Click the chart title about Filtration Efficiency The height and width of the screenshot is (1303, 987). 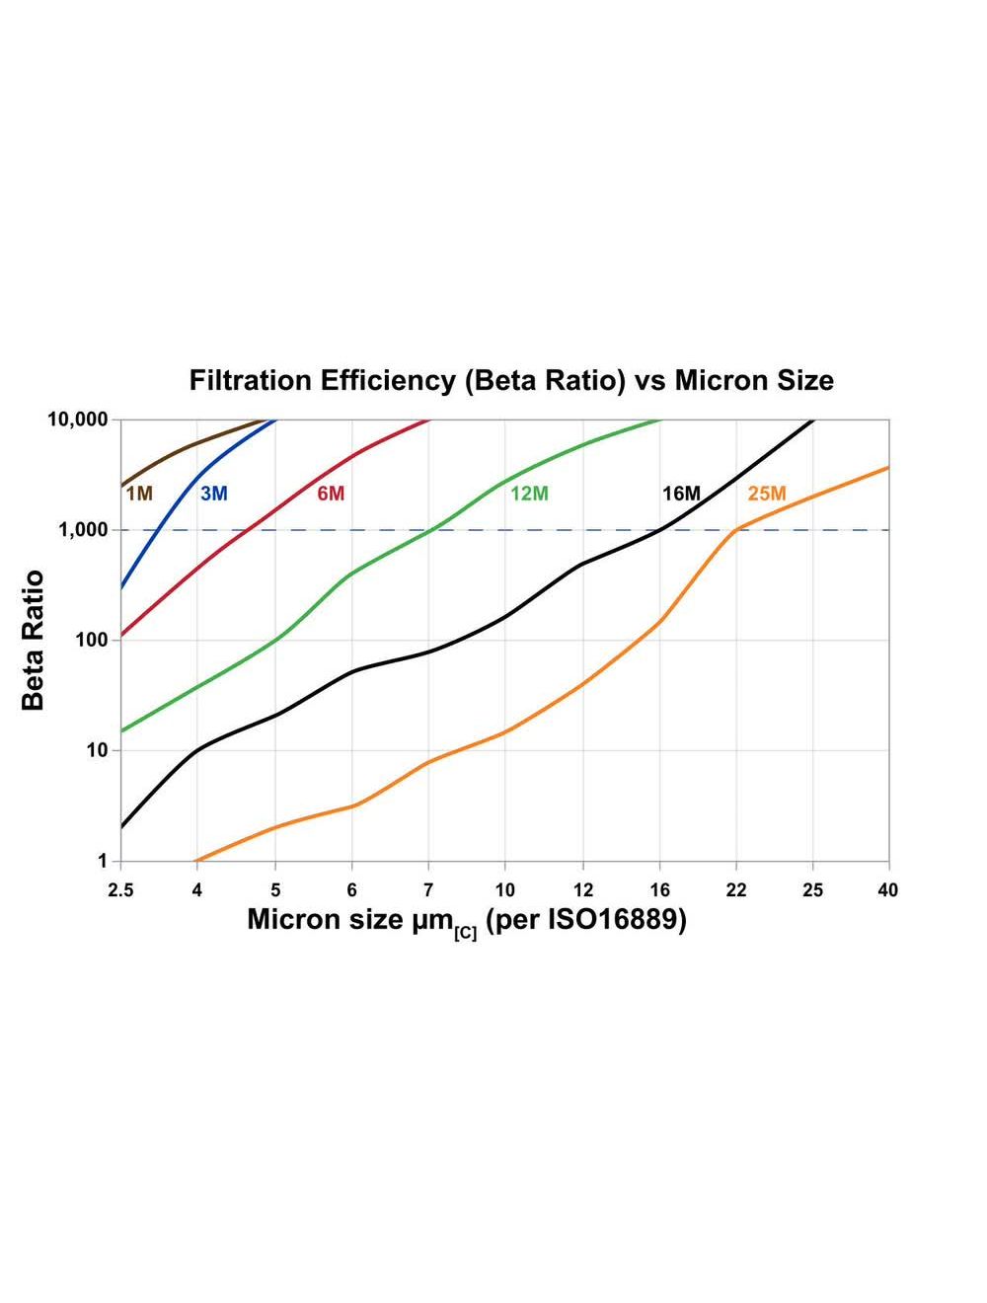pos(511,381)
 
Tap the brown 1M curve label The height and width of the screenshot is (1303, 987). pos(139,493)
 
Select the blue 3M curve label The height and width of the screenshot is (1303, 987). pos(213,493)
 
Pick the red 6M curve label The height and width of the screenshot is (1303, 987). pos(331,493)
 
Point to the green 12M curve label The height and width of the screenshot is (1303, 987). pos(529,493)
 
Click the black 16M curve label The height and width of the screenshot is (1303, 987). pos(681,493)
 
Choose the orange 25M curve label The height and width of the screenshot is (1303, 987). pos(767,493)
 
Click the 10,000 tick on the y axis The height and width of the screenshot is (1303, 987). pos(77,420)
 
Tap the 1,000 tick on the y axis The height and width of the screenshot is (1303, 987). pos(83,530)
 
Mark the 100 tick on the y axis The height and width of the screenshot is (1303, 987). pos(91,641)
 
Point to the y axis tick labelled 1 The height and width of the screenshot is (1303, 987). pos(103,861)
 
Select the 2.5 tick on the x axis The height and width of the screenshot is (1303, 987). pos(120,889)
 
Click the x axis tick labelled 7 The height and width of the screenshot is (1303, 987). pos(428,889)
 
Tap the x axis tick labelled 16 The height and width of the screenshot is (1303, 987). pos(659,889)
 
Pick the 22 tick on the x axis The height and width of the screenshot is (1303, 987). pos(736,889)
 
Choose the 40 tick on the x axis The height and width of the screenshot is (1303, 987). pos(888,889)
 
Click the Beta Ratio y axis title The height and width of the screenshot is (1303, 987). pos(34,640)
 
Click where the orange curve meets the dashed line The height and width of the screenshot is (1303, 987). pos(736,530)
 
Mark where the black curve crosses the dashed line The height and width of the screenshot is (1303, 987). pos(659,530)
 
